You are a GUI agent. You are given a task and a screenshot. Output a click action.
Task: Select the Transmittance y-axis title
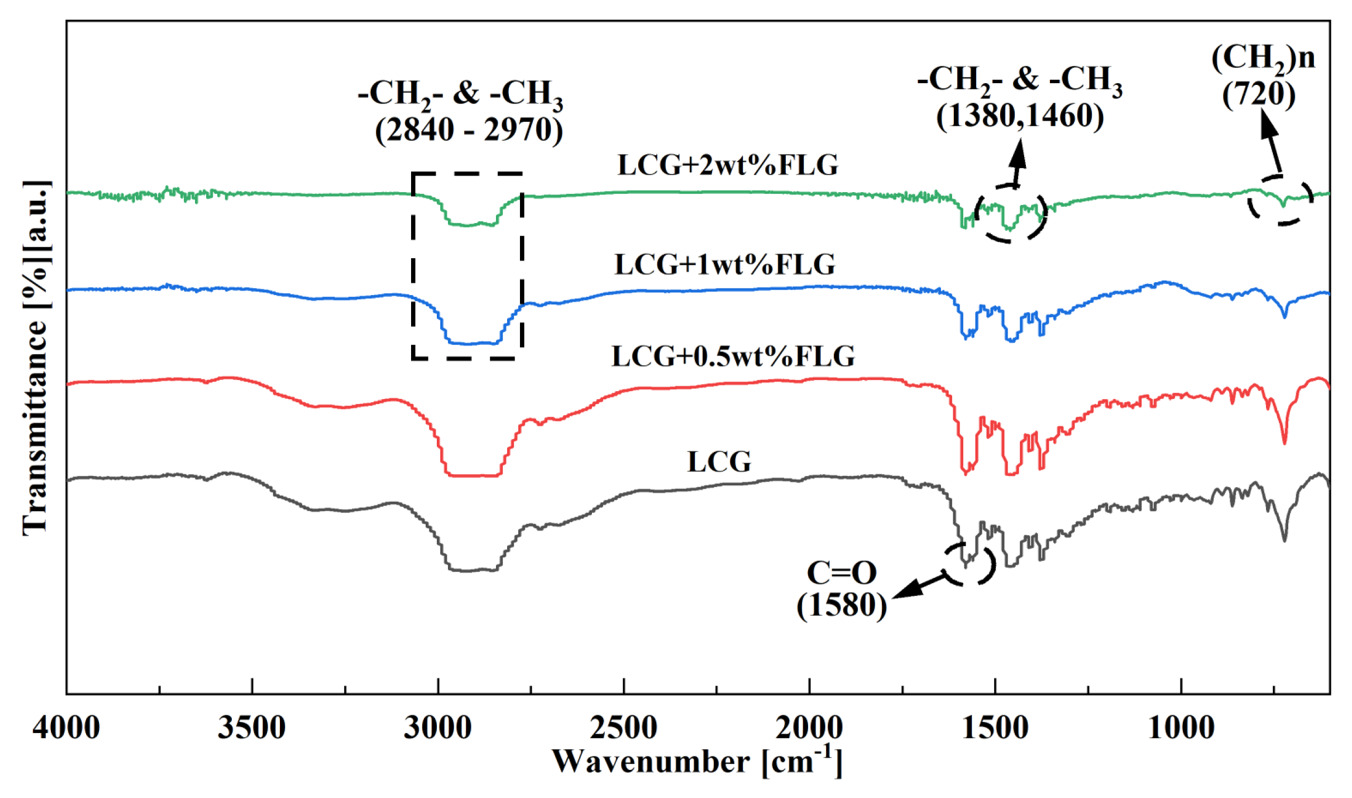coord(36,357)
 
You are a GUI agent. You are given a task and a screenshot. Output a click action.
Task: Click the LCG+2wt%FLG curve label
coord(728,165)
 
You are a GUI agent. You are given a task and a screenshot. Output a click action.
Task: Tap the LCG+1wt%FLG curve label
coord(724,265)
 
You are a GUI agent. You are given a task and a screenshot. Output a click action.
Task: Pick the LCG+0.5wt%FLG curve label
coord(733,356)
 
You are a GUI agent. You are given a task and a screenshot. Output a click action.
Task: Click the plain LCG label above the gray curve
coord(719,462)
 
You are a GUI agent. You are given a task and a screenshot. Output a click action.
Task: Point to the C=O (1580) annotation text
coord(841,589)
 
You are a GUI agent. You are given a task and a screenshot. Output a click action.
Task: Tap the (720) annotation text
coord(1258,94)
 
